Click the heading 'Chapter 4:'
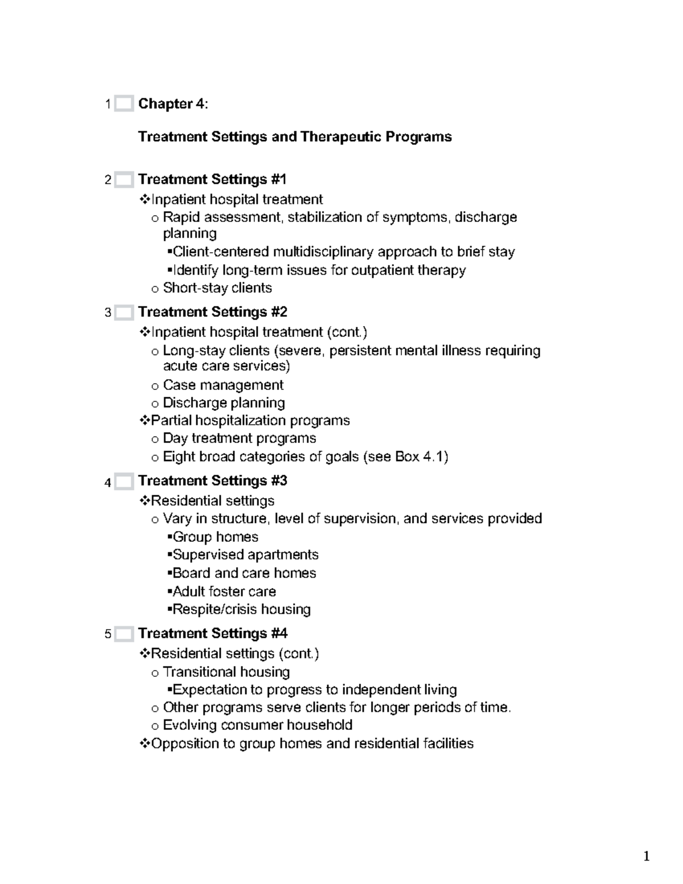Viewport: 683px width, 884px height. coord(173,104)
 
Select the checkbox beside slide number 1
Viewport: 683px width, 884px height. coord(124,104)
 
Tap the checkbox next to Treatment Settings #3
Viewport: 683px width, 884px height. coord(124,482)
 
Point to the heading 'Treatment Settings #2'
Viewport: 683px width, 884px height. coord(212,312)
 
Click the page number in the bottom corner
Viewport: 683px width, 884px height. coord(646,856)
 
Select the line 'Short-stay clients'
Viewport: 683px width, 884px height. coord(217,288)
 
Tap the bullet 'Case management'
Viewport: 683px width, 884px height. coord(223,385)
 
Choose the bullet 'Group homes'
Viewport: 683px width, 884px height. coord(215,537)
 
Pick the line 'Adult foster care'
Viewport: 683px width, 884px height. coord(224,591)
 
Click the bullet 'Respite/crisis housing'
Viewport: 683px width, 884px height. coord(241,609)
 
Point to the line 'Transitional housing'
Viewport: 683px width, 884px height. coord(226,672)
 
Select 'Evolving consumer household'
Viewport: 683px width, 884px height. coord(257,725)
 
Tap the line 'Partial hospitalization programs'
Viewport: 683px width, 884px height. coord(250,421)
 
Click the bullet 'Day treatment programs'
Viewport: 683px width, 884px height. coord(239,438)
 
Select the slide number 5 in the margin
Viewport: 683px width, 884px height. coord(108,634)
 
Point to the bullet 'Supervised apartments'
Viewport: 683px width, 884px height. coord(245,554)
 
